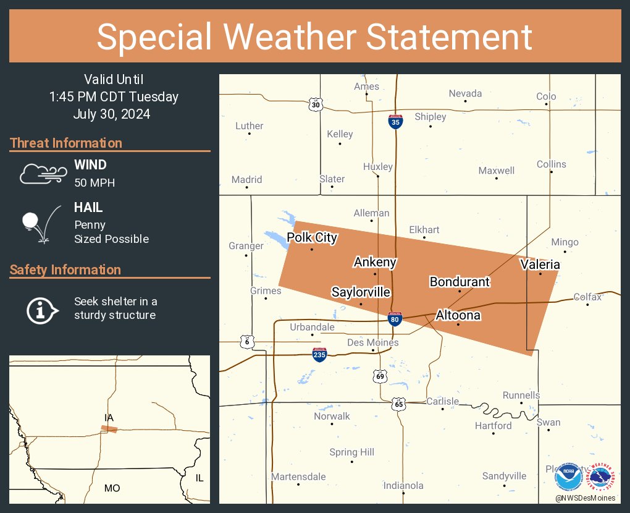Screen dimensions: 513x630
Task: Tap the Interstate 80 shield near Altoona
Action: (395, 319)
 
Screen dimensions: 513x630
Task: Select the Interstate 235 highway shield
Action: (319, 354)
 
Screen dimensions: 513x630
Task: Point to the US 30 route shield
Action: (316, 104)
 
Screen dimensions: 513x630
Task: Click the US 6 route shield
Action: (246, 342)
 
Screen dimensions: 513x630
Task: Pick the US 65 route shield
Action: (398, 404)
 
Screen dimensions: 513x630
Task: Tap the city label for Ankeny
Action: (374, 262)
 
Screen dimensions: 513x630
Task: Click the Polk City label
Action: (312, 238)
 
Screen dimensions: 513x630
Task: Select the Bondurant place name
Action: (459, 282)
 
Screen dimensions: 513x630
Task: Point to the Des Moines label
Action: (372, 342)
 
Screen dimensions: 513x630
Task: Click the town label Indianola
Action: (403, 485)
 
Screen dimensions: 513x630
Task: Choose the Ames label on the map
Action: (366, 87)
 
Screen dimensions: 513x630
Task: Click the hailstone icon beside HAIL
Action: (40, 224)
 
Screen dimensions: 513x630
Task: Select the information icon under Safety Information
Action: (41, 309)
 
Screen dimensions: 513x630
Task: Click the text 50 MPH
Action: (94, 183)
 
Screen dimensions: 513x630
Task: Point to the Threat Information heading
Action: (65, 143)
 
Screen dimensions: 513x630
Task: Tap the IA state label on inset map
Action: (109, 418)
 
